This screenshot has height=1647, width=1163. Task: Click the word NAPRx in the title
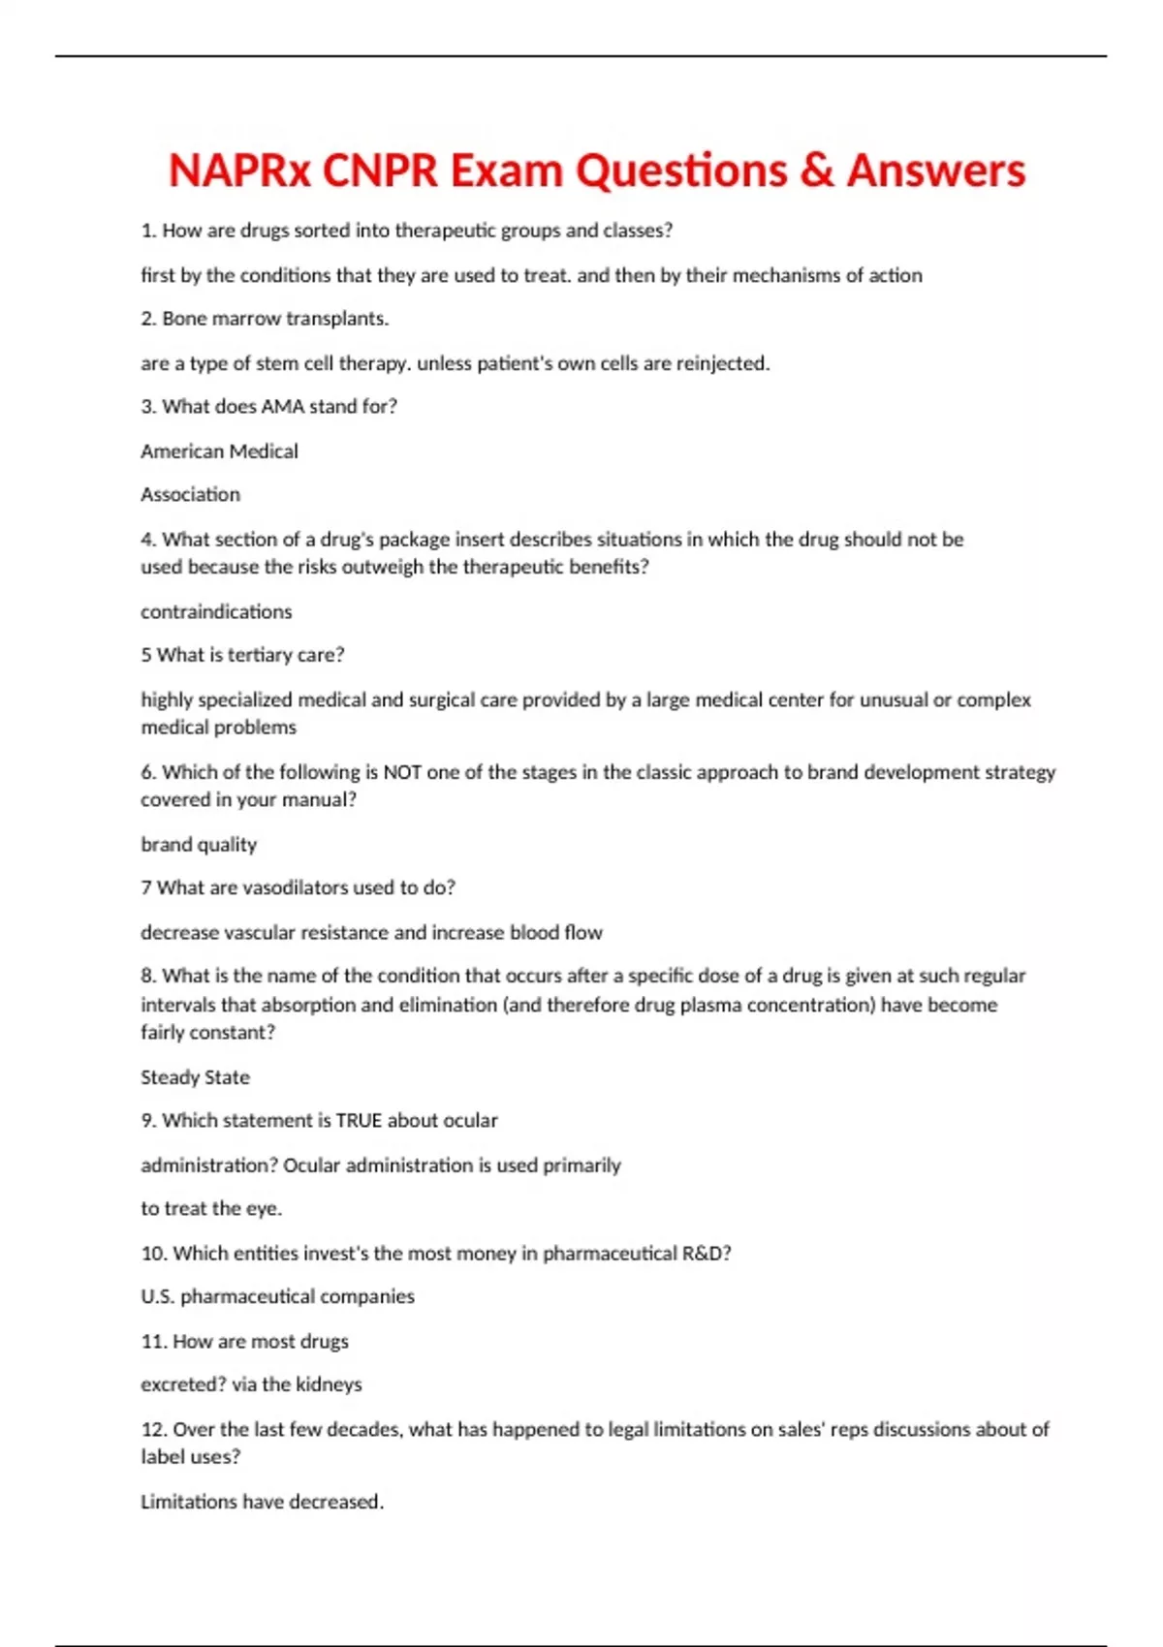click(x=239, y=171)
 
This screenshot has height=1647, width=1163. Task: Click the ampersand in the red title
click(x=817, y=171)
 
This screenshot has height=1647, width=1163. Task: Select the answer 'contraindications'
click(x=216, y=611)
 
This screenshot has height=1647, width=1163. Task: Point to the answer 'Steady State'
click(x=195, y=1077)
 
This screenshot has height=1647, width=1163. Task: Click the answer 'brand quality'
click(x=199, y=845)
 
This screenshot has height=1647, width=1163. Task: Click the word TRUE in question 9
click(x=359, y=1121)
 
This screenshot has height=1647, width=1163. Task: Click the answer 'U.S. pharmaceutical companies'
click(x=277, y=1297)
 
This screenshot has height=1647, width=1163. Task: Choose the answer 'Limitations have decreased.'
click(x=262, y=1502)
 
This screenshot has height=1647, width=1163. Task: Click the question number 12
click(x=153, y=1430)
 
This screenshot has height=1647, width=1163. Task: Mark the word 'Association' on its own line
click(x=190, y=495)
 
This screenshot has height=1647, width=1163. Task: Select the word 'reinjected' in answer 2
click(x=720, y=363)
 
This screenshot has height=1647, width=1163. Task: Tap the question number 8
click(x=148, y=976)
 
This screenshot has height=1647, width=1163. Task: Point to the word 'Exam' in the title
click(x=506, y=171)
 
